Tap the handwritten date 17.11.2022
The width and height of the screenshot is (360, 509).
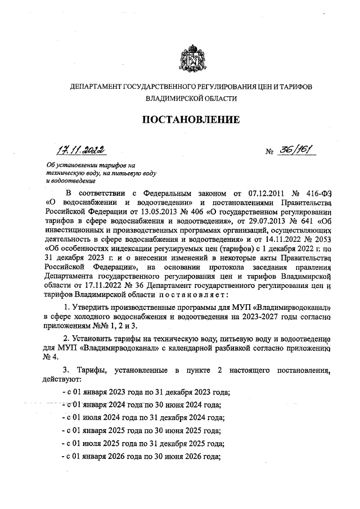(x=82, y=150)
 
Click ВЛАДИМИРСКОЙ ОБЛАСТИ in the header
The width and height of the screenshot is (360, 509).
(x=191, y=98)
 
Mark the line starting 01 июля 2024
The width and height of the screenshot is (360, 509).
(x=143, y=417)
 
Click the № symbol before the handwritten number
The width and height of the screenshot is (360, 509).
(x=270, y=152)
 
